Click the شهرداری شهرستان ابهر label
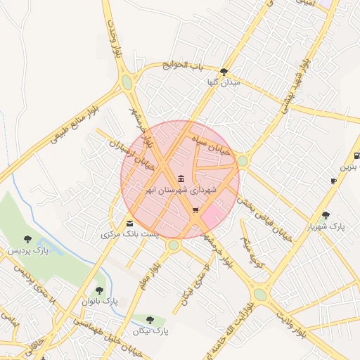click(x=181, y=190)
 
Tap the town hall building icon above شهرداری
click(x=181, y=179)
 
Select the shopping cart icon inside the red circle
click(x=195, y=210)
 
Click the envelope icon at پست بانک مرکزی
click(x=129, y=224)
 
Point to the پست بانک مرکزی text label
click(x=129, y=233)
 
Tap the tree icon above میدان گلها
click(x=224, y=72)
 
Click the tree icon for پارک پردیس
click(x=27, y=240)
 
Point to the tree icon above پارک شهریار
click(x=325, y=215)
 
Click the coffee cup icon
click(x=333, y=181)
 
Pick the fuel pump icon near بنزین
click(x=356, y=155)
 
